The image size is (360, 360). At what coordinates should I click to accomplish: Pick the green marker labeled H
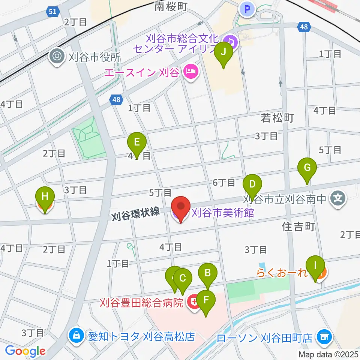45,197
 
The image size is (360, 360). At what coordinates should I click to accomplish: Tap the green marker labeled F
206,301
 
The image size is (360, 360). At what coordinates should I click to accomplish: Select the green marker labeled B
208,274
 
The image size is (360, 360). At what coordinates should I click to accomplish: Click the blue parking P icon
247,9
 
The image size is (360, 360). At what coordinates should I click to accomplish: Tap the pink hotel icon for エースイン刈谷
190,72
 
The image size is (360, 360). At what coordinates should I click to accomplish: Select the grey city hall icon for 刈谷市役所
57,57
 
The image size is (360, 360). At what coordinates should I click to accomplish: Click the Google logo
25,351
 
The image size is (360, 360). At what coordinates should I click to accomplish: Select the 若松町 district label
277,118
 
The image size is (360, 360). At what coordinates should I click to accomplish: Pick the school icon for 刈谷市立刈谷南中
338,197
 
